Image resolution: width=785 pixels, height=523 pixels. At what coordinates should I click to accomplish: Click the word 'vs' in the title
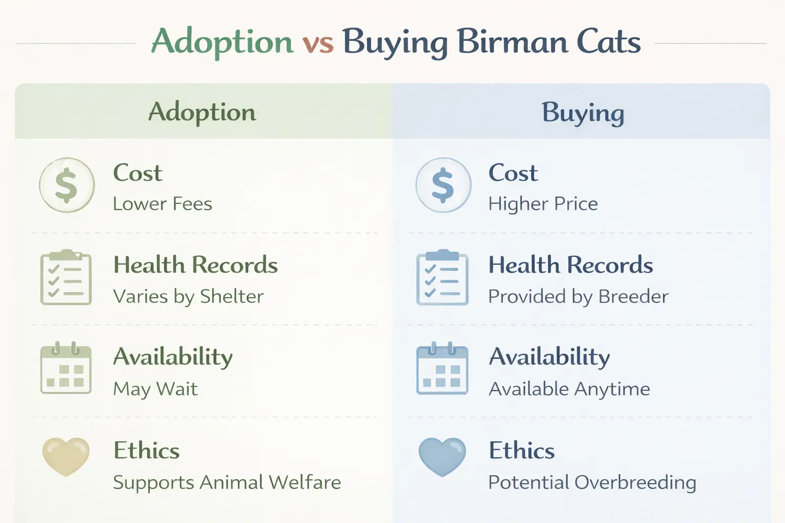tap(317, 42)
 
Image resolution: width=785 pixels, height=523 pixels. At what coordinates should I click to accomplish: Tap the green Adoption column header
tap(202, 112)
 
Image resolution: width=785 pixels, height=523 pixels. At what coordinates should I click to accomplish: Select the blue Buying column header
tap(583, 112)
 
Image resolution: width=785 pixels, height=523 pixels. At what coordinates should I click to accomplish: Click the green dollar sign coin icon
tap(66, 185)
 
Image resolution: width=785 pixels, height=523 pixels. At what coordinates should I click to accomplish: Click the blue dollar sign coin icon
tap(443, 185)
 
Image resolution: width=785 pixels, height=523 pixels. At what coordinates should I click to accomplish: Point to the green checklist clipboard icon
tap(66, 278)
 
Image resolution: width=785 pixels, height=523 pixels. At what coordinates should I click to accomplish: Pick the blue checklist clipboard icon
tap(443, 278)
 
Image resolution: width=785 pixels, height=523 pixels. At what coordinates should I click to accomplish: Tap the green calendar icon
tap(66, 369)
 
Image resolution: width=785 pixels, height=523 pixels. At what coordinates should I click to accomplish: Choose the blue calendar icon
tap(443, 369)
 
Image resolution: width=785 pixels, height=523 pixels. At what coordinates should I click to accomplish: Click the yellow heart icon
tap(66, 456)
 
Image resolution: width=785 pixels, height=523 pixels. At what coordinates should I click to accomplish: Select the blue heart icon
tap(442, 456)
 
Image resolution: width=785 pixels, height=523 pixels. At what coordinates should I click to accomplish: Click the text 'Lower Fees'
tap(163, 204)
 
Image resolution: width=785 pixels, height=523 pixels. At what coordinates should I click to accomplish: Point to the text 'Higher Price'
tap(543, 204)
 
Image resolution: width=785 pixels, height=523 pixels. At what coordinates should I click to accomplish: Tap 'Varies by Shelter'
tap(188, 297)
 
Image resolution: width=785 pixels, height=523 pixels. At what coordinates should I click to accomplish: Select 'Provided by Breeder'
tap(578, 297)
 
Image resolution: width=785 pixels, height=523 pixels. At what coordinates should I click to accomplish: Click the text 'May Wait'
tap(155, 389)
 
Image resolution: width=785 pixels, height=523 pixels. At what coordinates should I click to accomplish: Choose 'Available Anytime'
tap(569, 389)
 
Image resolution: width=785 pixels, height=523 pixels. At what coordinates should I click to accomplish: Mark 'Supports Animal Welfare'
tap(227, 482)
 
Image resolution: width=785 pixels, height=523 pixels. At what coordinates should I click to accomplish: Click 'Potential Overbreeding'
tap(592, 482)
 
